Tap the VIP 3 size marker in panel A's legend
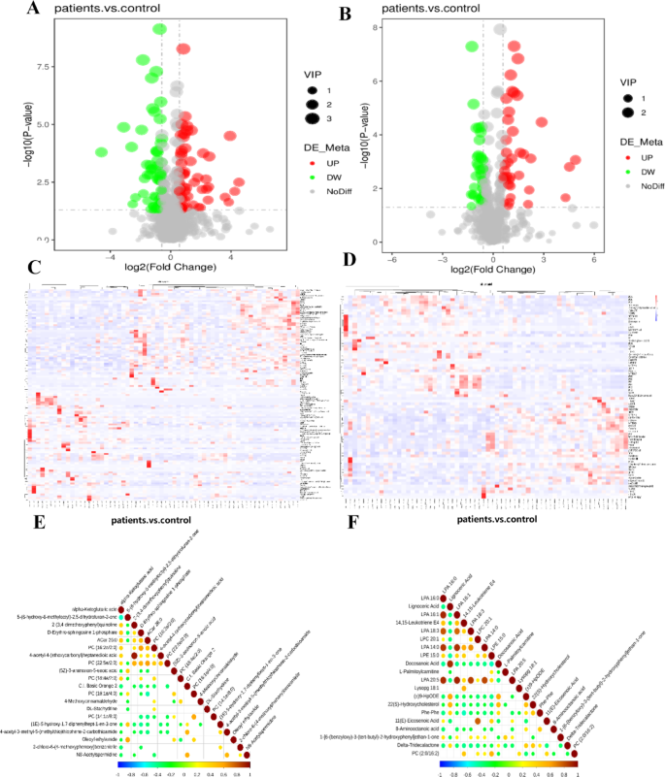pos(312,119)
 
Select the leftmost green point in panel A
pos(101,152)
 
